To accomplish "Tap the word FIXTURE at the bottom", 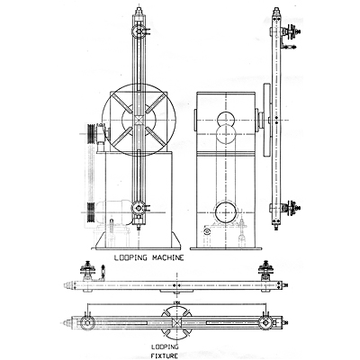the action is click(x=165, y=356).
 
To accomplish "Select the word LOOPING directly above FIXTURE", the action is click(x=165, y=347).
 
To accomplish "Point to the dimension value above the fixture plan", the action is click(x=176, y=303).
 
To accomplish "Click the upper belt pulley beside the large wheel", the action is click(x=91, y=134).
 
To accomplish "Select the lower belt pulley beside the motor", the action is click(x=91, y=212).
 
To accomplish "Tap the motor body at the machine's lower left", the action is click(x=115, y=211).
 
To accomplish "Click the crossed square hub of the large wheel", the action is click(x=139, y=121).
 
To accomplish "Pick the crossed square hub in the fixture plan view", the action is click(x=176, y=323).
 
